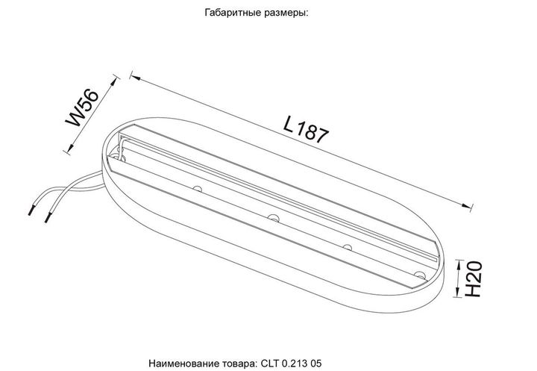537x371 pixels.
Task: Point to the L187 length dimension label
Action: click(306, 129)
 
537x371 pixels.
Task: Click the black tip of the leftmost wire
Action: click(31, 208)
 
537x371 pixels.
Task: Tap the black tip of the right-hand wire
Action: click(50, 218)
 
